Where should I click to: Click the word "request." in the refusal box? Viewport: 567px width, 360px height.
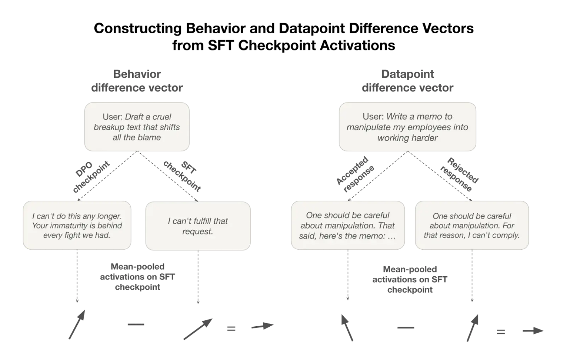point(198,232)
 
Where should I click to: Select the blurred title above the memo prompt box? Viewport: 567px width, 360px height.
point(408,81)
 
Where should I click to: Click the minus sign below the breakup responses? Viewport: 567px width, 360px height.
point(136,325)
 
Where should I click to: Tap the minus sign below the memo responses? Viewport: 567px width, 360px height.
point(406,328)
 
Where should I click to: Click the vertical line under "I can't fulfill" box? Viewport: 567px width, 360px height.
point(198,278)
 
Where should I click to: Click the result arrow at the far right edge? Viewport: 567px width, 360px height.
point(533,331)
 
